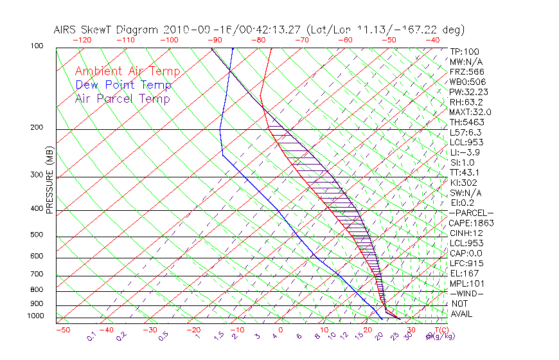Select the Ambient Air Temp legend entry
[x=127, y=71]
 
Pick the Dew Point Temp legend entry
[x=123, y=85]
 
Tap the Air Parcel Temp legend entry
[x=123, y=98]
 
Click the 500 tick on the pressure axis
[x=37, y=235]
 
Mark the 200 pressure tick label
[x=37, y=128]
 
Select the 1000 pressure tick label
[x=35, y=316]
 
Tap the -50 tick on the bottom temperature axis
[x=63, y=330]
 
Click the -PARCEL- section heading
[x=472, y=213]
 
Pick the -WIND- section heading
[x=468, y=293]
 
